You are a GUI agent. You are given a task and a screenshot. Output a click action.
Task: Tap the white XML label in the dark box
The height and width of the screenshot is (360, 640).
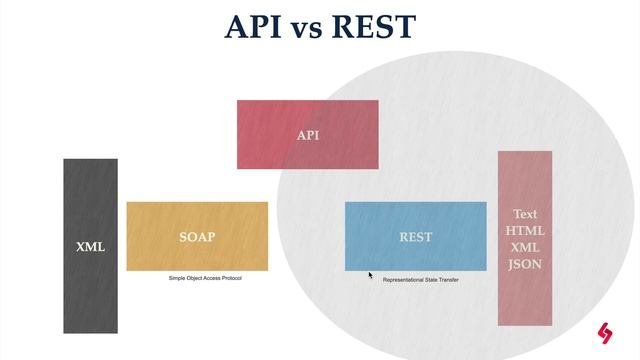point(90,246)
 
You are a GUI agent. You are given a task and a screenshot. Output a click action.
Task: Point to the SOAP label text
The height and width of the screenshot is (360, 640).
point(197,237)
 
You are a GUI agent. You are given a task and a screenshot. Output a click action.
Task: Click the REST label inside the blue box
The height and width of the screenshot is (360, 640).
point(416,237)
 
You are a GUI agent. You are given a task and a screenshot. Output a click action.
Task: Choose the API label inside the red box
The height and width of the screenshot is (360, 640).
point(308,135)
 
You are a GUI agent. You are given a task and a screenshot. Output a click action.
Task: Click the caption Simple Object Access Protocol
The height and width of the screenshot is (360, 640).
point(205,278)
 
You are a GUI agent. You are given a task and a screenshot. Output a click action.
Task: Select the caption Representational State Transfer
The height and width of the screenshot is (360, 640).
point(421,280)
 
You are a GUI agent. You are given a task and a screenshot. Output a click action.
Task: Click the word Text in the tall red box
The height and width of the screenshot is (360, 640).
point(525,214)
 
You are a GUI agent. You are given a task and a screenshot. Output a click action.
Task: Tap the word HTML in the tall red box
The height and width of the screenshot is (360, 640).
point(525,230)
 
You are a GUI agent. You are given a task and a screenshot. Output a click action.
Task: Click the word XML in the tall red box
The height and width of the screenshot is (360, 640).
point(525,246)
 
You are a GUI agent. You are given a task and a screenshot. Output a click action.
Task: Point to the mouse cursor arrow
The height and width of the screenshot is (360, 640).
point(370,275)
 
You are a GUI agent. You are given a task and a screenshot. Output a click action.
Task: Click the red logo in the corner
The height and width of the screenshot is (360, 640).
point(605,333)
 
